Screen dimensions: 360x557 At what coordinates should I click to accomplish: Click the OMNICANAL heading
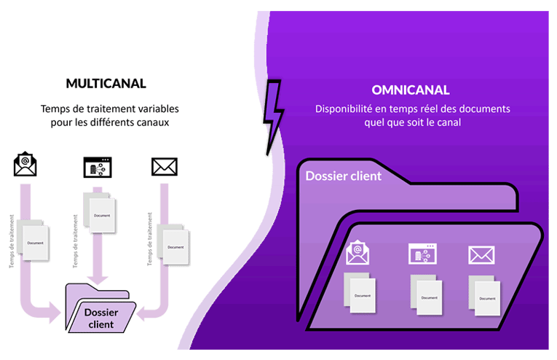point(409,91)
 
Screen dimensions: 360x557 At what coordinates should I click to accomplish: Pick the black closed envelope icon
point(163,167)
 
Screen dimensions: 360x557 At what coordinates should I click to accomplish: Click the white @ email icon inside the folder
point(357,253)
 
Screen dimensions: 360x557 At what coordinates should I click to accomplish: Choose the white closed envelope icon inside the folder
point(481,254)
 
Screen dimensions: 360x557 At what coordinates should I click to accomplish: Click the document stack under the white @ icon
point(360,294)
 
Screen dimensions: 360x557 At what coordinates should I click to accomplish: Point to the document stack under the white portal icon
point(426,294)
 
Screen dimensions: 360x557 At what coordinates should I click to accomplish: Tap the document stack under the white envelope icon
point(485,294)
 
